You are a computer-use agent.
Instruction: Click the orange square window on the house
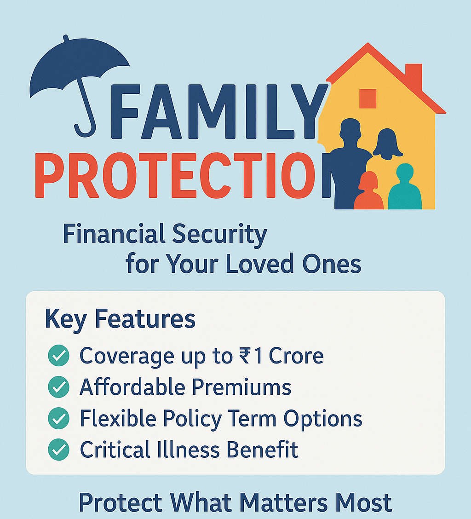pos(368,98)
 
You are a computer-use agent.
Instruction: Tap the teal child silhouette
pos(405,187)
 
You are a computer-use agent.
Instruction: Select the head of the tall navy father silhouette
pos(350,130)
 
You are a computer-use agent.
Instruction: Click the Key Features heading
pos(120,319)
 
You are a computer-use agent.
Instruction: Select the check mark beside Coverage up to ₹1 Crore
pos(58,356)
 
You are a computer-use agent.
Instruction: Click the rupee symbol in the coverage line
pos(245,356)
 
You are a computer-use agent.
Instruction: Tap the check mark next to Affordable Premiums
pos(58,386)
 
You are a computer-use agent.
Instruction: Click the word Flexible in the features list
pos(118,418)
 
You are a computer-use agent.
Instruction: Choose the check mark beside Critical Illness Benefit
pos(58,450)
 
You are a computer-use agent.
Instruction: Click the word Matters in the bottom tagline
pos(283,502)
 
